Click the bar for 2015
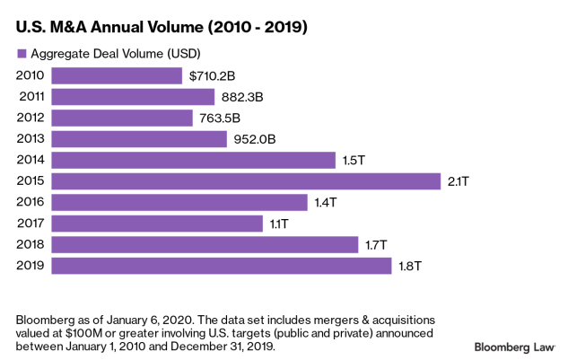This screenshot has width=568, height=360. pyautogui.click(x=247, y=181)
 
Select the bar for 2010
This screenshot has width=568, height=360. pyautogui.click(x=118, y=76)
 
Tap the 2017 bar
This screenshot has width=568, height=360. pyautogui.click(x=157, y=224)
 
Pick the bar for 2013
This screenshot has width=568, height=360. pyautogui.click(x=139, y=139)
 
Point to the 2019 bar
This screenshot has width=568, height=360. pyautogui.click(x=222, y=265)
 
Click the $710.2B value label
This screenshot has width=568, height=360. pyautogui.click(x=212, y=76)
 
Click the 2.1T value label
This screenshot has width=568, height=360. pyautogui.click(x=459, y=181)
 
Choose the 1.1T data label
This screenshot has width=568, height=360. pyautogui.click(x=279, y=224)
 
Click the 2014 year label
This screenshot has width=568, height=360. pyautogui.click(x=31, y=160)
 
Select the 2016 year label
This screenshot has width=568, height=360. pyautogui.click(x=31, y=202)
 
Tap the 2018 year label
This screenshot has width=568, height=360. pyautogui.click(x=31, y=244)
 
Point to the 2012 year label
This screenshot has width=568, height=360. pyautogui.click(x=31, y=119)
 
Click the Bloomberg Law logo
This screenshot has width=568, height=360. pyautogui.click(x=514, y=346)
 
